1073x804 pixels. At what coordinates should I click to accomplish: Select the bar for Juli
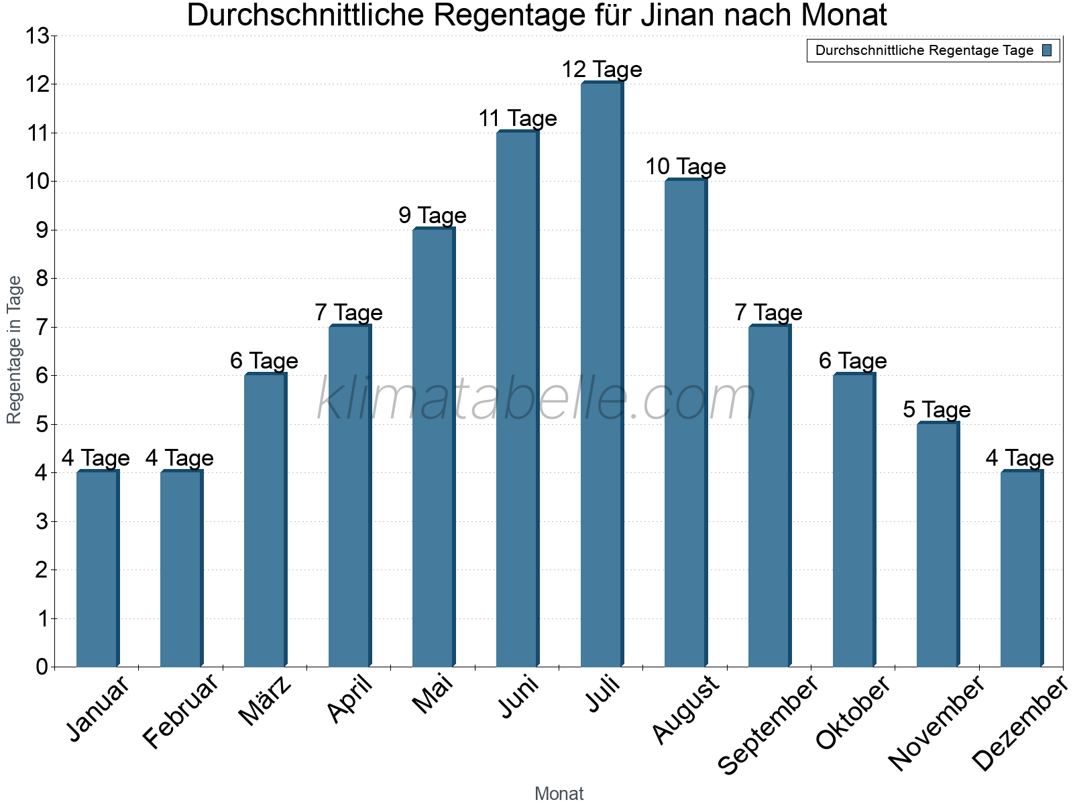[602, 375]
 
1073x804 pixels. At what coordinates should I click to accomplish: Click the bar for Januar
[97, 569]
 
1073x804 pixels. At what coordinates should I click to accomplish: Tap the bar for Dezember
[1021, 569]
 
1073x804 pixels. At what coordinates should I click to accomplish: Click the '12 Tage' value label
[602, 70]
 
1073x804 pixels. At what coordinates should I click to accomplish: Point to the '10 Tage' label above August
[685, 167]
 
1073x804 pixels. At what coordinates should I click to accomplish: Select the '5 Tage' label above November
[937, 409]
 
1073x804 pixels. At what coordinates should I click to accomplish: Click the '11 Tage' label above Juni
[518, 119]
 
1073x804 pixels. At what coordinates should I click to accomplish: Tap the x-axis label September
[769, 724]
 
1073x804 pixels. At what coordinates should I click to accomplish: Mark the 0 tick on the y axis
[42, 667]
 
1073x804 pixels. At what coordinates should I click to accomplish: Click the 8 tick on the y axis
[42, 279]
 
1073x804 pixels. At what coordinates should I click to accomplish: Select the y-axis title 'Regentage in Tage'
[14, 350]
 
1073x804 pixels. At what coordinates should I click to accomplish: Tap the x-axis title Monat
[559, 793]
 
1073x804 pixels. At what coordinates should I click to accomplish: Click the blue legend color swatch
[1047, 50]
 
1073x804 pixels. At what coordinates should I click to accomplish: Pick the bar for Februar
[181, 569]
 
